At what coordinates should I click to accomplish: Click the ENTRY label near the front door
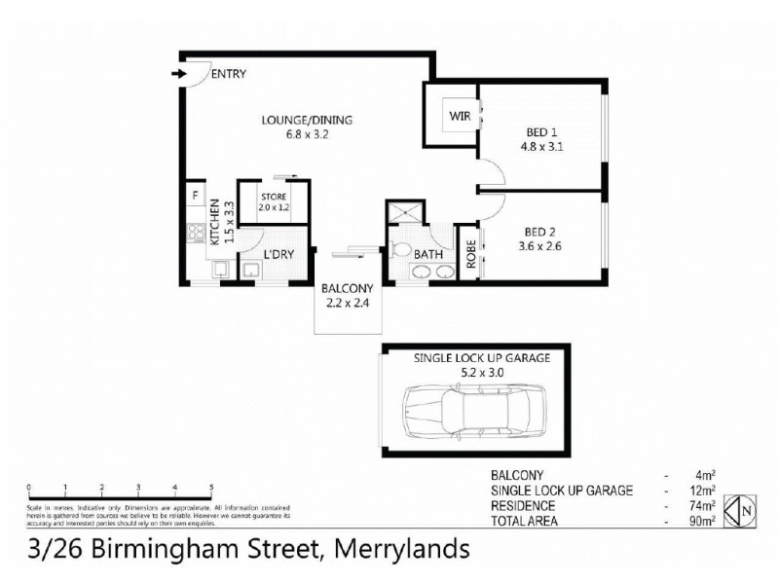click(228, 74)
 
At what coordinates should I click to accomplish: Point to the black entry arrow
click(178, 74)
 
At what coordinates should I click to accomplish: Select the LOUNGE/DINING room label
click(307, 121)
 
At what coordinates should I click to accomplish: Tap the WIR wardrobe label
click(460, 117)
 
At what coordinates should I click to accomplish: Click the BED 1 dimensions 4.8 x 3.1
click(543, 148)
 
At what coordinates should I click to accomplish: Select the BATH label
click(429, 255)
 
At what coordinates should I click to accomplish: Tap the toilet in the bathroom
click(398, 249)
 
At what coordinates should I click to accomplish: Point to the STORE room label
click(273, 196)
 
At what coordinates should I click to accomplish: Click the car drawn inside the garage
click(472, 408)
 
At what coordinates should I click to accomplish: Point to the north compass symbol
click(745, 509)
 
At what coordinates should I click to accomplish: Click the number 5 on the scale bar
click(211, 487)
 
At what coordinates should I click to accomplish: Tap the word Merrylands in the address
click(402, 548)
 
